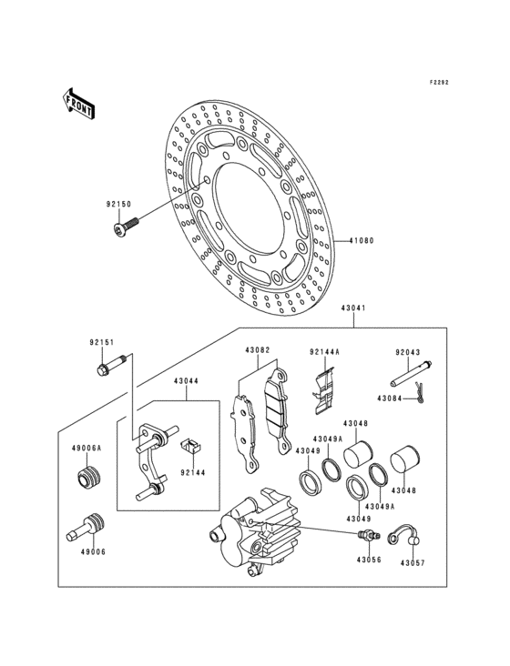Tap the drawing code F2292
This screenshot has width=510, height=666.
439,81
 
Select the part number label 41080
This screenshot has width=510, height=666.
362,242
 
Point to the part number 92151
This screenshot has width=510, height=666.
101,342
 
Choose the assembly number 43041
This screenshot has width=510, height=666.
354,308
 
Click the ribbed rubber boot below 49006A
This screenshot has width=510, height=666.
90,479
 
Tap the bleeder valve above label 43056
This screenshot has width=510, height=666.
368,534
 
